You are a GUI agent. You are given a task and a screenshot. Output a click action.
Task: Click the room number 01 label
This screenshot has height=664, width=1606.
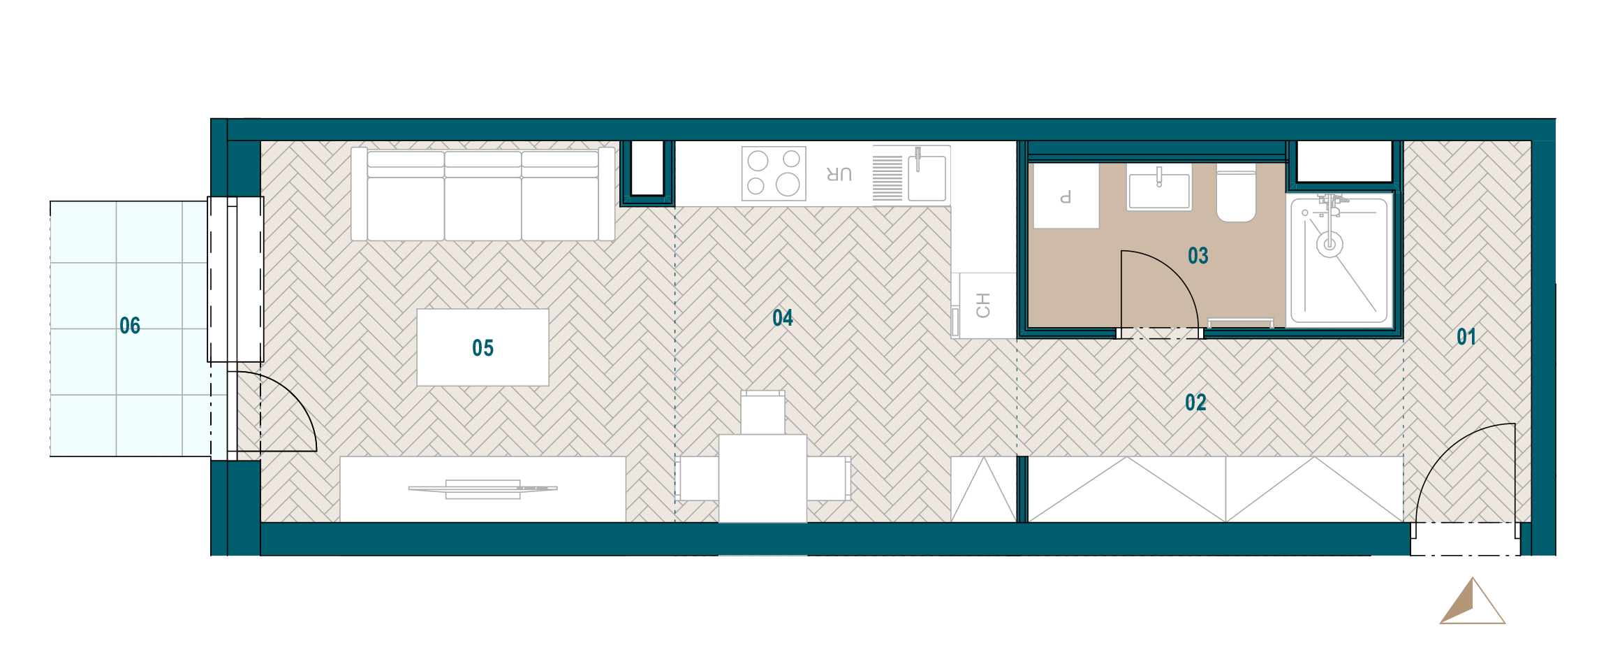coord(1466,337)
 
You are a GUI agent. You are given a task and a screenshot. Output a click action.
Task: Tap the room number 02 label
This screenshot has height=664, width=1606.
coord(1195,403)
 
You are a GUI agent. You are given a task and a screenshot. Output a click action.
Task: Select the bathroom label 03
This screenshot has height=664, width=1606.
coord(1198,256)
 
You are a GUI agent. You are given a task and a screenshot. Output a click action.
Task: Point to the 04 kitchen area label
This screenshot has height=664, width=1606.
coord(783,318)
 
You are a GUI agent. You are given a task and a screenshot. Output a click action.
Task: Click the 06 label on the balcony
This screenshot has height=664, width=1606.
coord(130,326)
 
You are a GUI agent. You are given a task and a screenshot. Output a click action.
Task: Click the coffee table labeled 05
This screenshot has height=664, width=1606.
coord(482,347)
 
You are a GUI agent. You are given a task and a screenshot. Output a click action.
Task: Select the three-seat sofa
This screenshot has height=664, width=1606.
coord(482,194)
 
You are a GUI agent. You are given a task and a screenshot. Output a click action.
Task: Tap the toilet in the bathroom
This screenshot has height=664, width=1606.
coord(1237,194)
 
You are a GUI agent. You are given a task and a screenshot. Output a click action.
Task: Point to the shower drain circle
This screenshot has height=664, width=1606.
coord(1329,245)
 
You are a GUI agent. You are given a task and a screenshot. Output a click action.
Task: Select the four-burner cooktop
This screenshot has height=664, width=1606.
coord(774,173)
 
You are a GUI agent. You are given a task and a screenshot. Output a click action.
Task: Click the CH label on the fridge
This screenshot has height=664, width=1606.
coord(983,305)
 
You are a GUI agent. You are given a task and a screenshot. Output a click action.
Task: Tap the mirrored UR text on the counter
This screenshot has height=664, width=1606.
coord(839,174)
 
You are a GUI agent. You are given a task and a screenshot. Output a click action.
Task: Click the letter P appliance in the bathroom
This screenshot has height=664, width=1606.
coord(1066,196)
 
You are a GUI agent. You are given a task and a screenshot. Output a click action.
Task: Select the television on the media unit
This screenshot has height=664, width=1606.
coord(483,489)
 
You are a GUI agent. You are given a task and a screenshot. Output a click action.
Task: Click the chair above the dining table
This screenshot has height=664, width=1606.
coord(763,412)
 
